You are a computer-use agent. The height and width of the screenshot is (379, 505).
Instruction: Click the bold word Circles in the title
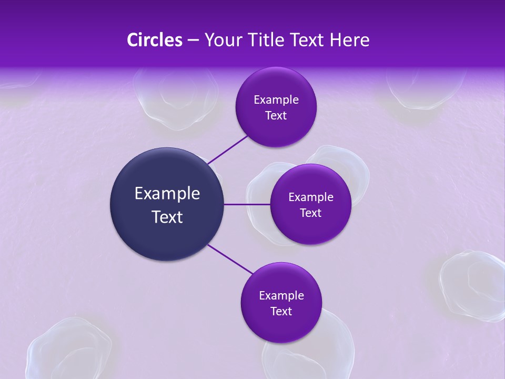[x=155, y=40]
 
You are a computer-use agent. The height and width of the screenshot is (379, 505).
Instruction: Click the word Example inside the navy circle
[x=167, y=194]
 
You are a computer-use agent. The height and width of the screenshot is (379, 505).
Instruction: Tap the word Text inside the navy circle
[x=167, y=217]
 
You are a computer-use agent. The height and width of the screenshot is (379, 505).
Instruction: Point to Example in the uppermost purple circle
[x=276, y=100]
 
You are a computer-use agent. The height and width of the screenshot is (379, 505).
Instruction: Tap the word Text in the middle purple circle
[x=310, y=213]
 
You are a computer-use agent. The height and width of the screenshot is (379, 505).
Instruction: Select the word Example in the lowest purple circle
[x=281, y=296]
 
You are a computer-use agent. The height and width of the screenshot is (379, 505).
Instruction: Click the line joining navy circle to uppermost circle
[x=227, y=149]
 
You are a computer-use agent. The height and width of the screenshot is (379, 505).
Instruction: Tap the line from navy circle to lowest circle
[x=230, y=259]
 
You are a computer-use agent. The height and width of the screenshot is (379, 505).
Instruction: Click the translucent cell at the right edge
[x=473, y=284]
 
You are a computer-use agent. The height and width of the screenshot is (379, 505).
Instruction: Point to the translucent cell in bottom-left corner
[x=68, y=350]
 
